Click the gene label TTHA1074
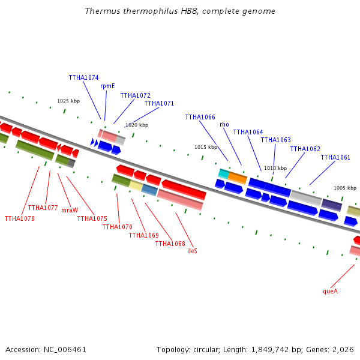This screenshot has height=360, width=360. [83, 77]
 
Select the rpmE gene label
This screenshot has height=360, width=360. [107, 86]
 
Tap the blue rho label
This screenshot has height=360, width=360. [224, 124]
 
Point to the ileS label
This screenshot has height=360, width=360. [192, 251]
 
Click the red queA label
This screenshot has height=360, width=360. [331, 292]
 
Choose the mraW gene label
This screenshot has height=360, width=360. [70, 210]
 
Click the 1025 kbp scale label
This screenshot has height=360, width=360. [68, 101]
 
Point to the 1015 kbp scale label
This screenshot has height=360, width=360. [206, 147]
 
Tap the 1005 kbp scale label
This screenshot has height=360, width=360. [345, 188]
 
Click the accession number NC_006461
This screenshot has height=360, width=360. [65, 350]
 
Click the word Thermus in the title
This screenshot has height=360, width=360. [102, 11]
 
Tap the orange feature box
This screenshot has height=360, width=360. [238, 178]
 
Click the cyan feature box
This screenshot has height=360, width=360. [224, 174]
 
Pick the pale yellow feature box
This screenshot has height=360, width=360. [136, 185]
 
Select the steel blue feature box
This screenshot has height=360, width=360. [149, 190]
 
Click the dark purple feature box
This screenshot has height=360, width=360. [332, 205]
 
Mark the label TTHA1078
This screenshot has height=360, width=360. [20, 218]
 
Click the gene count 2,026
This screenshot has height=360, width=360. [343, 350]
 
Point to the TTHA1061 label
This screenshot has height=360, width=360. [335, 157]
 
